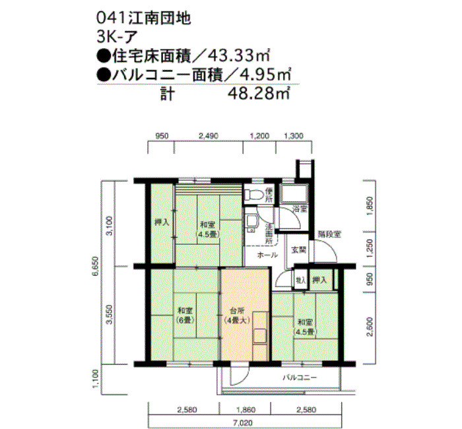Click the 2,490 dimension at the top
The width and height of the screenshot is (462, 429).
pyautogui.click(x=208, y=137)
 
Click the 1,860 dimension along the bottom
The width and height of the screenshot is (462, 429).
pyautogui.click(x=246, y=410)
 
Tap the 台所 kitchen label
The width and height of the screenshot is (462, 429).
pyautogui.click(x=236, y=310)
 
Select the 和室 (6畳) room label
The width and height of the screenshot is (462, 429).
pyautogui.click(x=184, y=315)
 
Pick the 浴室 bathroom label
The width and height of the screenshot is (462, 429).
pyautogui.click(x=300, y=209)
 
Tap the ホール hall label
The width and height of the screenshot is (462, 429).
pyautogui.click(x=266, y=254)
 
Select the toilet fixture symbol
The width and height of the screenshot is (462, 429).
pyautogui.click(x=250, y=194)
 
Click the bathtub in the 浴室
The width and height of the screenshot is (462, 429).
pyautogui.click(x=292, y=193)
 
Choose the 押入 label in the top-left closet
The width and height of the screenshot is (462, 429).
pyautogui.click(x=161, y=222)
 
